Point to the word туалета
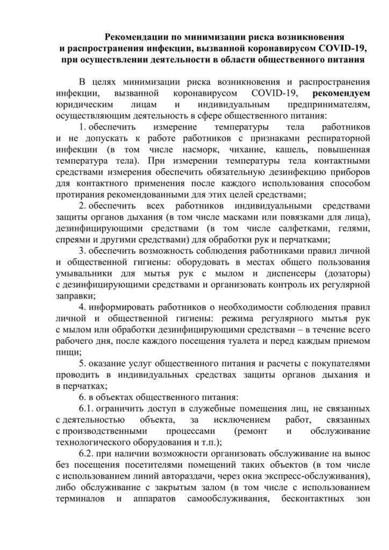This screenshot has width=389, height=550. click(236, 342)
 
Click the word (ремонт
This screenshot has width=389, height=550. click(254, 432)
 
